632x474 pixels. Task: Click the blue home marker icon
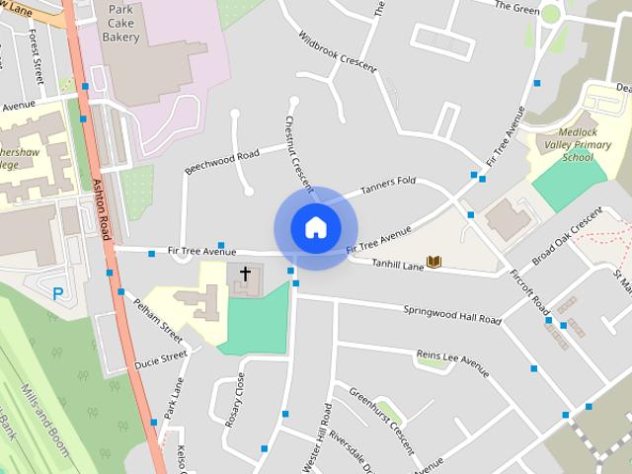(x=315, y=227)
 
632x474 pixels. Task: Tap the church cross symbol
(x=245, y=273)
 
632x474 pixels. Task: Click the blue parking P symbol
(x=58, y=292)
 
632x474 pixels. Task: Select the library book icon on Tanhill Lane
(x=433, y=263)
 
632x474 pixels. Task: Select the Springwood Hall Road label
(x=452, y=314)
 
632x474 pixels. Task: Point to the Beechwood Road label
(x=221, y=161)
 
